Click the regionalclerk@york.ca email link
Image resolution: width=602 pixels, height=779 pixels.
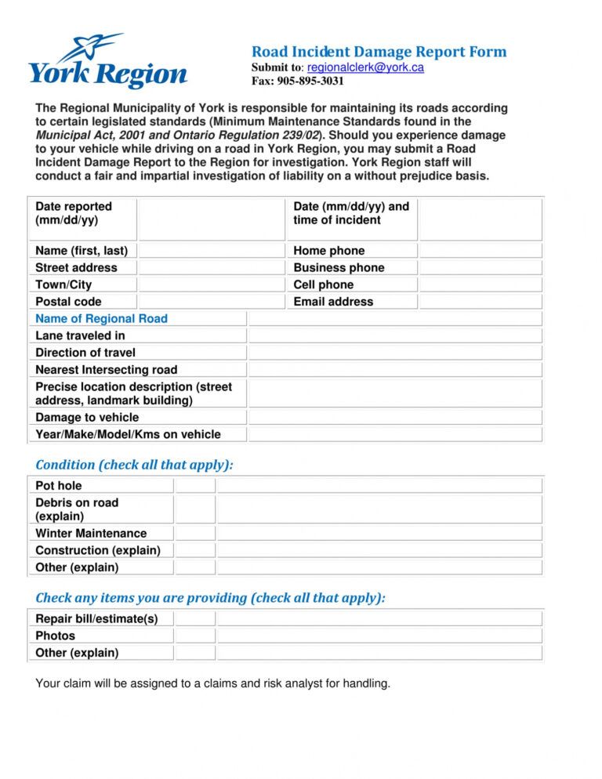point(365,67)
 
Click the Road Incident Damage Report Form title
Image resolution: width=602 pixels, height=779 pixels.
point(379,52)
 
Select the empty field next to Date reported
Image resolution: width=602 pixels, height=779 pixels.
point(211,219)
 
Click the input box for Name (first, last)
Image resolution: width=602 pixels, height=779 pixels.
point(211,251)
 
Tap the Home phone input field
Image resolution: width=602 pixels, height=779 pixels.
point(480,251)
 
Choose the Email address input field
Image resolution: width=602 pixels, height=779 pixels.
point(480,302)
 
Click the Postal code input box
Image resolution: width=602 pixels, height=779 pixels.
point(211,302)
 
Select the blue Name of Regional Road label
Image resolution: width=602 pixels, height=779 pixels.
point(101,319)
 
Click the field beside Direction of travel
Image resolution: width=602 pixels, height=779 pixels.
point(394,353)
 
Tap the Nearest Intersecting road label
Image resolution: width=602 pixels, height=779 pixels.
point(106,370)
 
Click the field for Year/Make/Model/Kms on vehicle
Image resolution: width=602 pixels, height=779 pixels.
point(394,434)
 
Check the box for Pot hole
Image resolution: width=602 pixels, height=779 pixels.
point(194,486)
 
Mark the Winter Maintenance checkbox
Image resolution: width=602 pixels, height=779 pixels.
point(194,534)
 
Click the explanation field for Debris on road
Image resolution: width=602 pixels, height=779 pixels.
point(379,509)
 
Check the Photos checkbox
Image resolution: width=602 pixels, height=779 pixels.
point(194,636)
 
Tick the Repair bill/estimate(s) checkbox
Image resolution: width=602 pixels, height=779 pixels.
point(194,619)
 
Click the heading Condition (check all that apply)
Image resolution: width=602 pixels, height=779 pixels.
point(134,465)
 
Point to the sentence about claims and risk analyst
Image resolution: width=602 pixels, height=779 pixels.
point(212,683)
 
